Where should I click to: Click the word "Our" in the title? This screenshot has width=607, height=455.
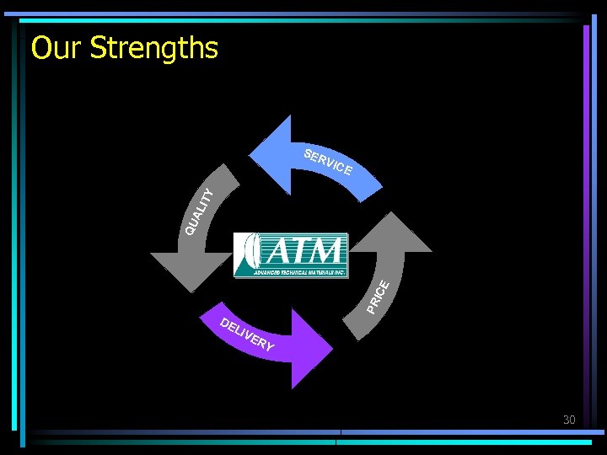click(x=57, y=48)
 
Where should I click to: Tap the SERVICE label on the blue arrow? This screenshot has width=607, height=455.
click(x=327, y=162)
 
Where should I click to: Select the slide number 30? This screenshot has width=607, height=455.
click(x=570, y=419)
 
